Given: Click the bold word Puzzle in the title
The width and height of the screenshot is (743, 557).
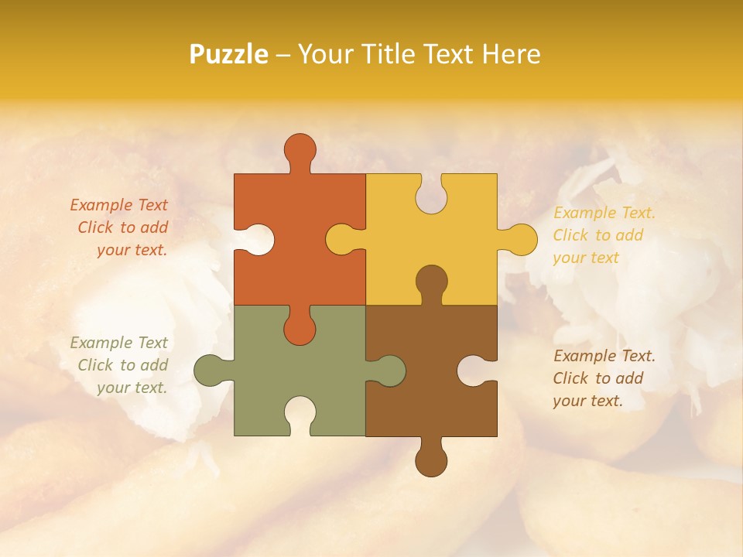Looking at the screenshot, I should (x=229, y=54).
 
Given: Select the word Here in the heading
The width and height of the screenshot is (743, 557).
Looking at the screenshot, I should (x=512, y=54).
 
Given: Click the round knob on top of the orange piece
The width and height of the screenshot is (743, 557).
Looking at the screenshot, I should (x=300, y=150).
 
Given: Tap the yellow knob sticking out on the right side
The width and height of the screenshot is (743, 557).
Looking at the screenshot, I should (x=519, y=240).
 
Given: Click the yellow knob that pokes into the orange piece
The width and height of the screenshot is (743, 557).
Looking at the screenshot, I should (x=342, y=240).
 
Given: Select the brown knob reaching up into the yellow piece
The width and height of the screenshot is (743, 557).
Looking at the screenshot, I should (x=431, y=282).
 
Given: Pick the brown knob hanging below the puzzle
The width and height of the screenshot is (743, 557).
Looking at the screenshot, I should (x=431, y=460).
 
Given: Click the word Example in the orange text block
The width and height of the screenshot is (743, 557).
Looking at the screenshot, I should (x=98, y=205).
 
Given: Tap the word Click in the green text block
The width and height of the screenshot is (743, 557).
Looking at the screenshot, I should (x=94, y=365).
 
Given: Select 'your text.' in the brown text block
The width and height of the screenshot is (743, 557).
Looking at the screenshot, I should (x=587, y=401).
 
